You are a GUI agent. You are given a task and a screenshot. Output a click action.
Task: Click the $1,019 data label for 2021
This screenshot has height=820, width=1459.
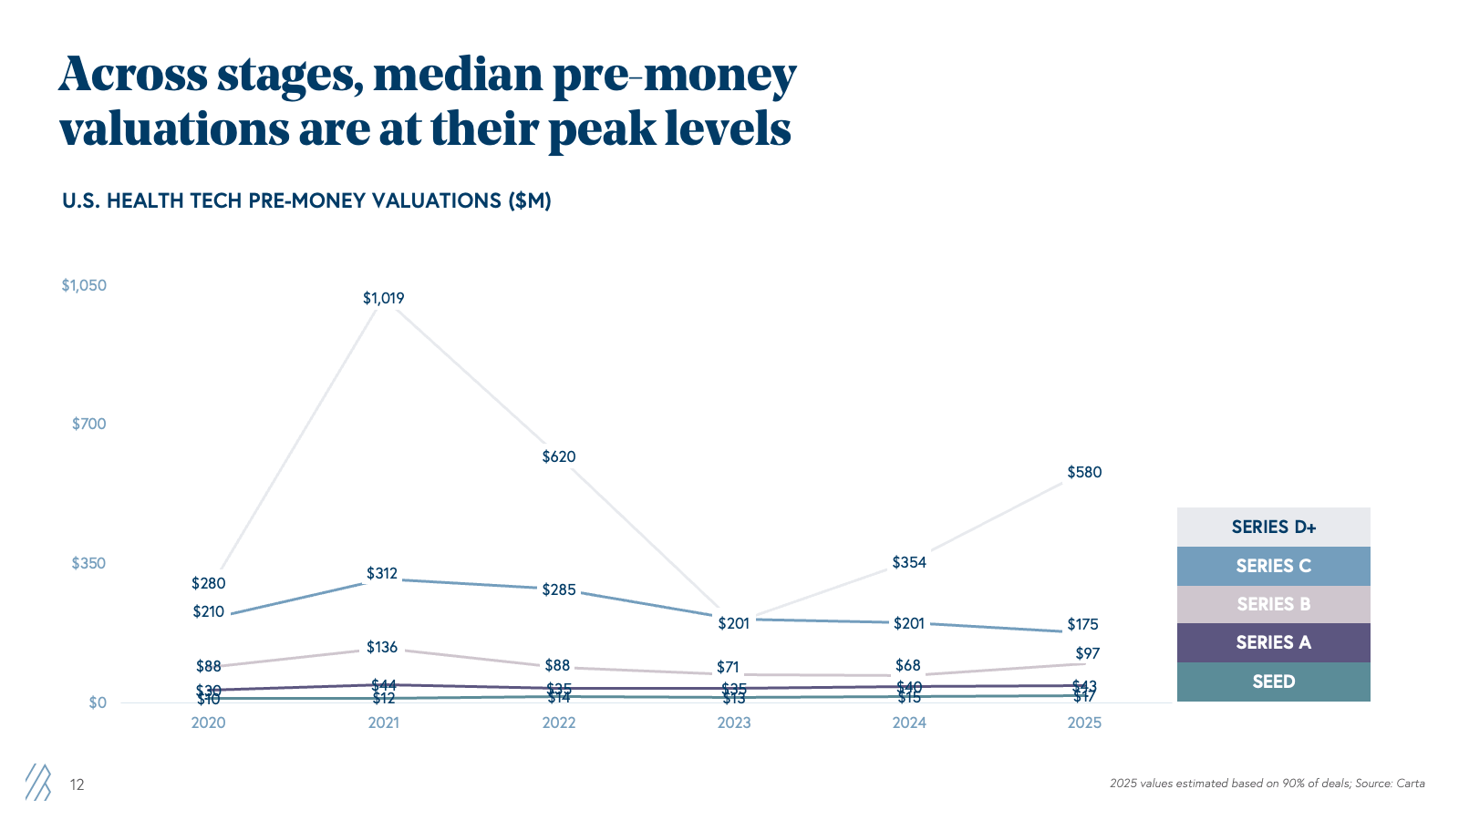pyautogui.click(x=383, y=298)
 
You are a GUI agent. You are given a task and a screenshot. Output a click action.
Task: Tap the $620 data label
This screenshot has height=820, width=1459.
pyautogui.click(x=559, y=456)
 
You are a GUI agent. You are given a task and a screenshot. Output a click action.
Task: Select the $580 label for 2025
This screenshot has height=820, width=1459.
pyautogui.click(x=1084, y=472)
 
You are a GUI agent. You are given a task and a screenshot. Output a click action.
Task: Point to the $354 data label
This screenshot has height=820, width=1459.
pyautogui.click(x=909, y=562)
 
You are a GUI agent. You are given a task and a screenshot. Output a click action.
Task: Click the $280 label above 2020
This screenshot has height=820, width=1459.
pyautogui.click(x=208, y=583)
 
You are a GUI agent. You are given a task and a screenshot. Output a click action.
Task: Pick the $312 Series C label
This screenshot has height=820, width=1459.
pyautogui.click(x=382, y=573)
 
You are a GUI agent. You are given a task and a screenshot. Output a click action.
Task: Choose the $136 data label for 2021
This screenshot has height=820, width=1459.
pyautogui.click(x=382, y=647)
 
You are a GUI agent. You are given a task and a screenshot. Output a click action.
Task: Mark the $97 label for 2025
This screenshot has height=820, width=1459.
pyautogui.click(x=1087, y=653)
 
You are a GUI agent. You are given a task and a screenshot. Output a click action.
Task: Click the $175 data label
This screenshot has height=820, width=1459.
pyautogui.click(x=1082, y=624)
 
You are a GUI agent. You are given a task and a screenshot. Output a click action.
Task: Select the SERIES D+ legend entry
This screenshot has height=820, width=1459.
pyautogui.click(x=1273, y=527)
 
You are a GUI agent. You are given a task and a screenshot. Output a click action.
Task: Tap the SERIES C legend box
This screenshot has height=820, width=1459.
pyautogui.click(x=1273, y=566)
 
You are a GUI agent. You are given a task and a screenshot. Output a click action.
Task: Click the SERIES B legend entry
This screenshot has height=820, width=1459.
pyautogui.click(x=1273, y=604)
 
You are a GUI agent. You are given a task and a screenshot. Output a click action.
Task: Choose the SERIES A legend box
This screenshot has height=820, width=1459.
pyautogui.click(x=1273, y=642)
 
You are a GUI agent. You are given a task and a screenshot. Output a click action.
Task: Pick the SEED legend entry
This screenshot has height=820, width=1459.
pyautogui.click(x=1273, y=682)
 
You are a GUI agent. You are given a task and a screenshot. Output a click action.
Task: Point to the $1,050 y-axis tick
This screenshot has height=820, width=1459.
pyautogui.click(x=84, y=285)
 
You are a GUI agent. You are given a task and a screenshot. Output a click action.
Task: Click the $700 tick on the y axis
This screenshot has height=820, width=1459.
pyautogui.click(x=89, y=424)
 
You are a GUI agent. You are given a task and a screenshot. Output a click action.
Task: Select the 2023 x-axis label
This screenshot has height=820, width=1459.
pyautogui.click(x=734, y=723)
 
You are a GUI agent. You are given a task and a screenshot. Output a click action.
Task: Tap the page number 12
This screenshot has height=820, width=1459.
pyautogui.click(x=78, y=784)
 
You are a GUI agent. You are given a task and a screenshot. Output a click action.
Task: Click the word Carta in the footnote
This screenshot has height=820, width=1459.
pyautogui.click(x=1410, y=784)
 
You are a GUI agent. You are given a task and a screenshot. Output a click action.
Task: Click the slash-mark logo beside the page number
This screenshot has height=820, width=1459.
pyautogui.click(x=38, y=782)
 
